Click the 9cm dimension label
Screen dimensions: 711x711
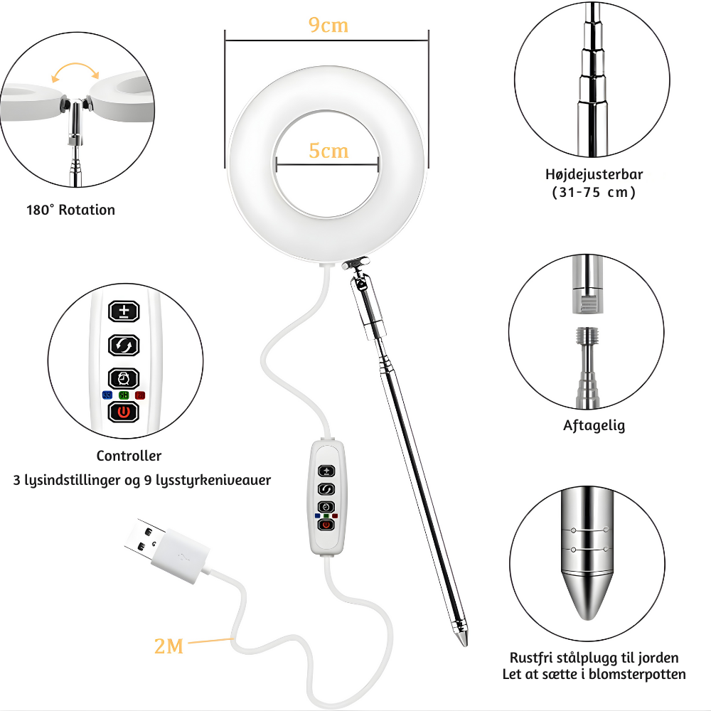[328, 25]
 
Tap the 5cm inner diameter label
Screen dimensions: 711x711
[328, 151]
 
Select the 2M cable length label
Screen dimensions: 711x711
[169, 646]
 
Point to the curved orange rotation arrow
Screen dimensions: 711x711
[75, 65]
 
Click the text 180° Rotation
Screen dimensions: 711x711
[70, 210]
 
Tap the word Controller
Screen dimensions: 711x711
[129, 456]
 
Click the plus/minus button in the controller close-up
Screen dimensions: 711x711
[124, 311]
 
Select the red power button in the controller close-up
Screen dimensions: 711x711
[123, 412]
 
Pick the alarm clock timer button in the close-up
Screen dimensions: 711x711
[123, 379]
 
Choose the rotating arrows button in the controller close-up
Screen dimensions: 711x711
[123, 346]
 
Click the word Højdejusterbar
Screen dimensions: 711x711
[594, 175]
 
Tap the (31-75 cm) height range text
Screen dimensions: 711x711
[594, 192]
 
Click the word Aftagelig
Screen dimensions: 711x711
[594, 425]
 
